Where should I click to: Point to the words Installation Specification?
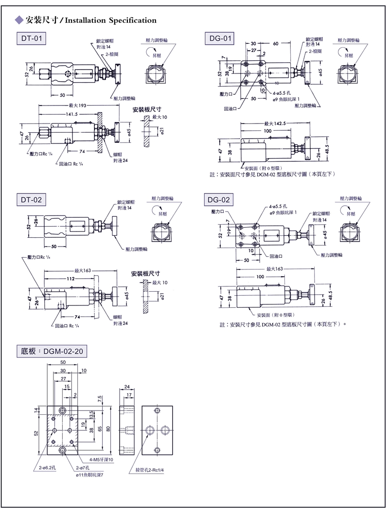[x=110, y=20]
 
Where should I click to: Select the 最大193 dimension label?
[x=77, y=105]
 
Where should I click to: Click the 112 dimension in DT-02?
[x=71, y=279]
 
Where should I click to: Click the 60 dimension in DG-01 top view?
[x=276, y=43]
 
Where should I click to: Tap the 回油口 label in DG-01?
[x=230, y=110]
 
